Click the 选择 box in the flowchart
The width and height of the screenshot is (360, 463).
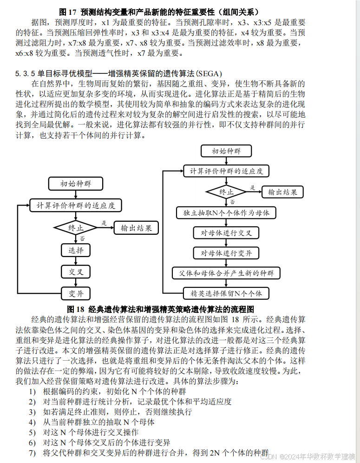point(76,250)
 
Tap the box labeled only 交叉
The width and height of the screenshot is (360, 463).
point(76,271)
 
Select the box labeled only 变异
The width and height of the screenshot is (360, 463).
point(76,293)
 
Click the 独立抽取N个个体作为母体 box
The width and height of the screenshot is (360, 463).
point(226,213)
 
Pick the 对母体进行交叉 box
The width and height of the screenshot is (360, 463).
point(226,232)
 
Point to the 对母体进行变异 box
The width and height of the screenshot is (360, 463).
point(226,253)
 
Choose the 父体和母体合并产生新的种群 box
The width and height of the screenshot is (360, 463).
point(226,273)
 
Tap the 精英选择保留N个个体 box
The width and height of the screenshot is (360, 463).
point(226,293)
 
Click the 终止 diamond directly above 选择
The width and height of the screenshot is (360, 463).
point(76,228)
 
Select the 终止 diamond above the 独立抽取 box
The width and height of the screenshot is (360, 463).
point(226,192)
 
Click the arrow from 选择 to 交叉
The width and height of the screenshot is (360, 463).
point(76,261)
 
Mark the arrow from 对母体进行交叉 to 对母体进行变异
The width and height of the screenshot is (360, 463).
point(226,243)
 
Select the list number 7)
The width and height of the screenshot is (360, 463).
point(32,453)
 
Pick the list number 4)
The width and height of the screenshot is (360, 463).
point(32,422)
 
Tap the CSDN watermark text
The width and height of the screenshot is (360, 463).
point(269,457)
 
